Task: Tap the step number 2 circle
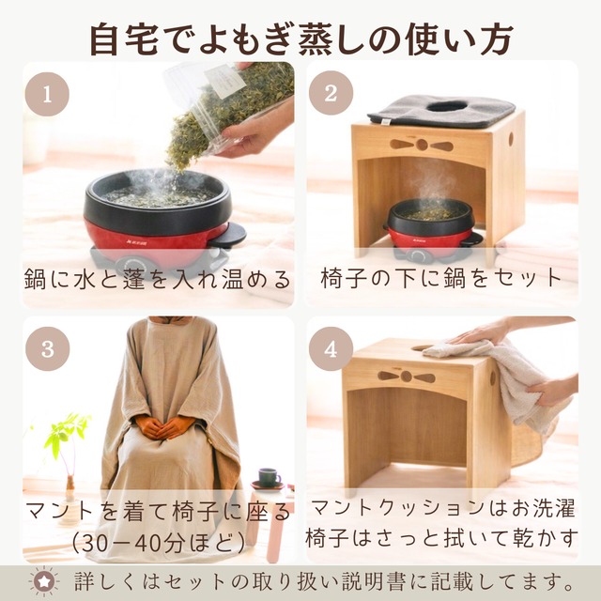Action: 330,94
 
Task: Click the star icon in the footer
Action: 43,579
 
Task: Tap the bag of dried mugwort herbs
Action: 225,108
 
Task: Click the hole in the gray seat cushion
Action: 450,106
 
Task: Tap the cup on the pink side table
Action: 269,476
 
